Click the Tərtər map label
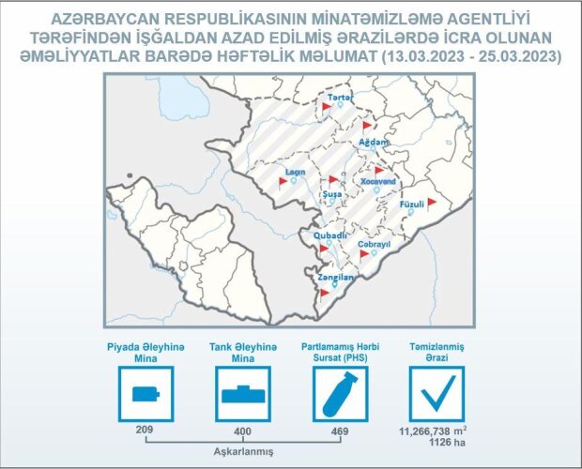click(341, 98)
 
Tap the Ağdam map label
click(374, 142)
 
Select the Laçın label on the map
click(296, 172)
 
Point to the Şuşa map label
click(332, 194)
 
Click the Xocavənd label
click(378, 181)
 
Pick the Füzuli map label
click(412, 204)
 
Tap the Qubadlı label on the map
click(330, 235)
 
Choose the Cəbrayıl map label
click(375, 245)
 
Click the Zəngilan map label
click(335, 278)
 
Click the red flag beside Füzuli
click(431, 204)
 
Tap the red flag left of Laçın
click(283, 182)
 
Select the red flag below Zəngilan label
click(325, 294)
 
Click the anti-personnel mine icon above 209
click(145, 394)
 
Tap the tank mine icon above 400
click(243, 394)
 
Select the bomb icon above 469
click(341, 394)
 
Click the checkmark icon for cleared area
click(436, 394)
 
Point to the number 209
click(145, 430)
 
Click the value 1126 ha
click(447, 443)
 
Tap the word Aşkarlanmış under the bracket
click(243, 452)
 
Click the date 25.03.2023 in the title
click(517, 56)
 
